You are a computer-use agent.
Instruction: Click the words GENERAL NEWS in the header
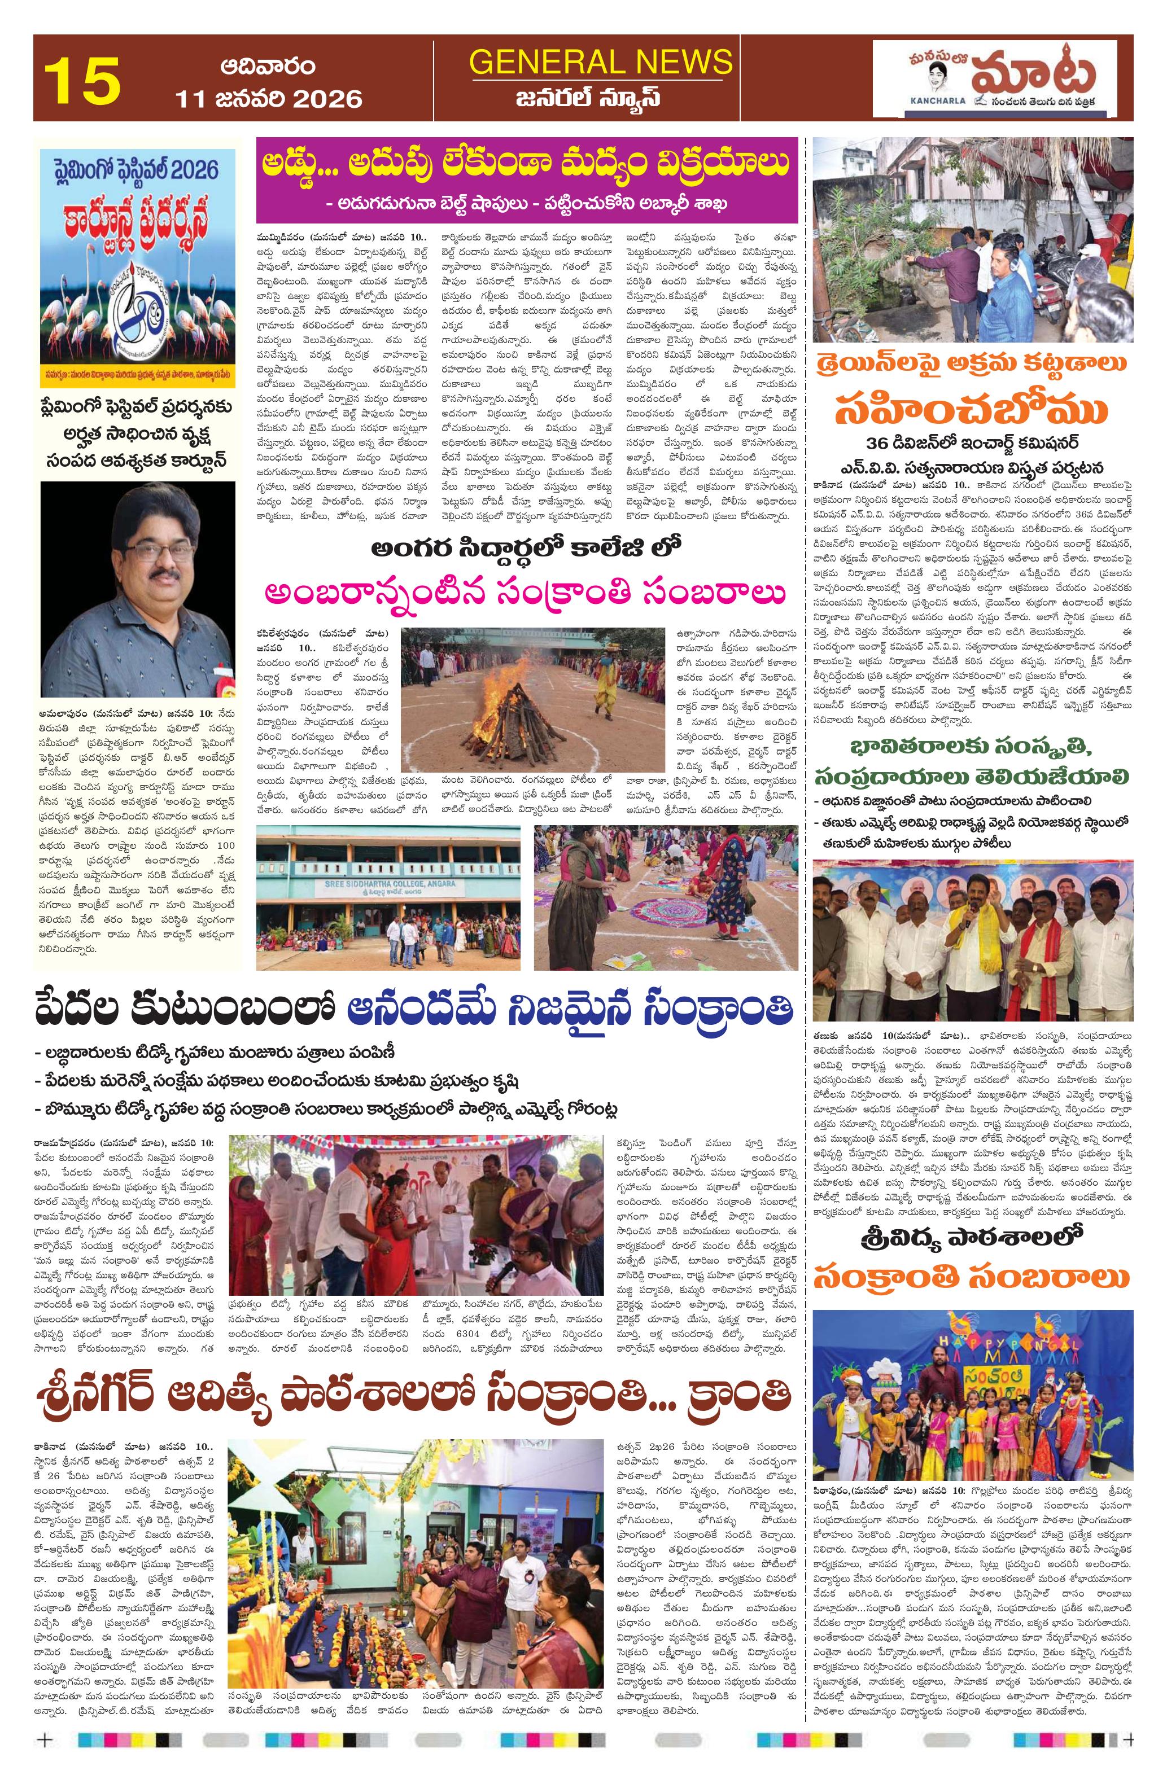pos(601,61)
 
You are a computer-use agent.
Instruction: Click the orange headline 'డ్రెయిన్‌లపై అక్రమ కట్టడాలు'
pos(973,363)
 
